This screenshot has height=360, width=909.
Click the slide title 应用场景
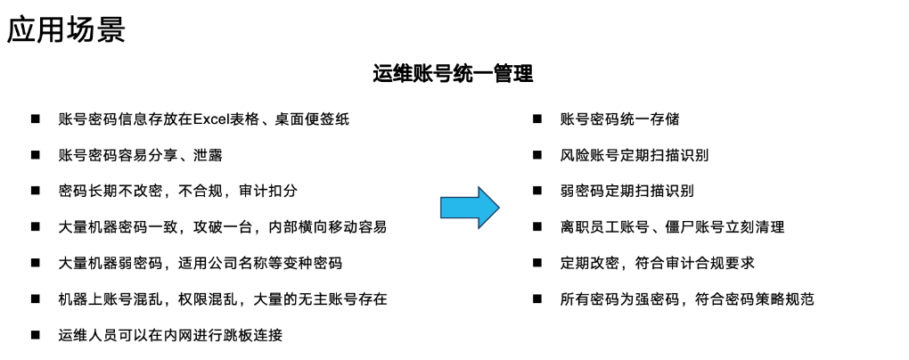(x=66, y=29)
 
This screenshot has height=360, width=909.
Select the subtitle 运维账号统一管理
(x=453, y=74)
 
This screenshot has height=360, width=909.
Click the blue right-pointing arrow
(x=469, y=207)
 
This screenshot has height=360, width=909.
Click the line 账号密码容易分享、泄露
(x=140, y=155)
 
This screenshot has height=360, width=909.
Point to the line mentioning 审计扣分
(x=177, y=191)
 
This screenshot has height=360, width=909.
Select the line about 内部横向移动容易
(x=222, y=227)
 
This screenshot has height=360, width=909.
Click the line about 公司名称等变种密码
(x=200, y=263)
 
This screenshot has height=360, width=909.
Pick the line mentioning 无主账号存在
(x=222, y=299)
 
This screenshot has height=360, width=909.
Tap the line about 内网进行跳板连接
(x=170, y=335)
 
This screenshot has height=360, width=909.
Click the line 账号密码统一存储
(x=619, y=119)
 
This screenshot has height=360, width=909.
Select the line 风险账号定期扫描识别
(x=635, y=155)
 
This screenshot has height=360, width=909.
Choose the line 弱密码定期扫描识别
(x=626, y=191)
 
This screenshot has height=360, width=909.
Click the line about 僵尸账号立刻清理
(x=672, y=227)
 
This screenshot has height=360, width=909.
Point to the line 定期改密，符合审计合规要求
(x=658, y=263)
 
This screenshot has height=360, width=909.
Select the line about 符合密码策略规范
(x=687, y=299)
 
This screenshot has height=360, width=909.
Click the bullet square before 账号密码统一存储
(x=537, y=119)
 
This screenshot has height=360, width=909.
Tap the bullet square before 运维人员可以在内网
(x=36, y=335)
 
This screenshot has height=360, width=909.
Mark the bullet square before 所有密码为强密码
(x=537, y=299)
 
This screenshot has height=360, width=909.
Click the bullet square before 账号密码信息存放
(x=36, y=119)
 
